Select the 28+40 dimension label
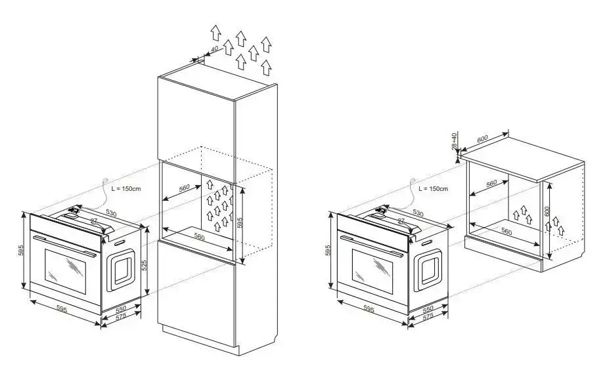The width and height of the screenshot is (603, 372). (x=454, y=141)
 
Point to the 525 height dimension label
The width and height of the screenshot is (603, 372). (x=145, y=265)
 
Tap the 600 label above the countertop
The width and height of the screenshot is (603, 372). (x=482, y=138)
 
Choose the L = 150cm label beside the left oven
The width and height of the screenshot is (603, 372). (x=125, y=189)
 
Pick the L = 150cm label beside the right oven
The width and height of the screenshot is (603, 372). (x=433, y=189)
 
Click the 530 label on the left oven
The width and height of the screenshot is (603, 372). (x=111, y=213)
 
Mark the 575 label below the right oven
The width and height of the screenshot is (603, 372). (x=428, y=316)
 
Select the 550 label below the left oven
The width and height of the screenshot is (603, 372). (x=121, y=309)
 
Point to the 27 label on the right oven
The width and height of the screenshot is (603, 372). (x=401, y=221)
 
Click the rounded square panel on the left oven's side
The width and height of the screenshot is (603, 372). (x=121, y=270)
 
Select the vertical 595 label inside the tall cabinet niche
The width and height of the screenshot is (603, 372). (x=240, y=223)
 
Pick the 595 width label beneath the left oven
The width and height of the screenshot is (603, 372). (x=62, y=308)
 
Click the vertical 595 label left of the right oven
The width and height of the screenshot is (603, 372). (x=328, y=250)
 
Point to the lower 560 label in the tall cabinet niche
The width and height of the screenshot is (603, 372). (x=199, y=237)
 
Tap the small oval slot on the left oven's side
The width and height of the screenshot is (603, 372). (x=119, y=243)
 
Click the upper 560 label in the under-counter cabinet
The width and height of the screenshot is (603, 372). (x=491, y=183)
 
